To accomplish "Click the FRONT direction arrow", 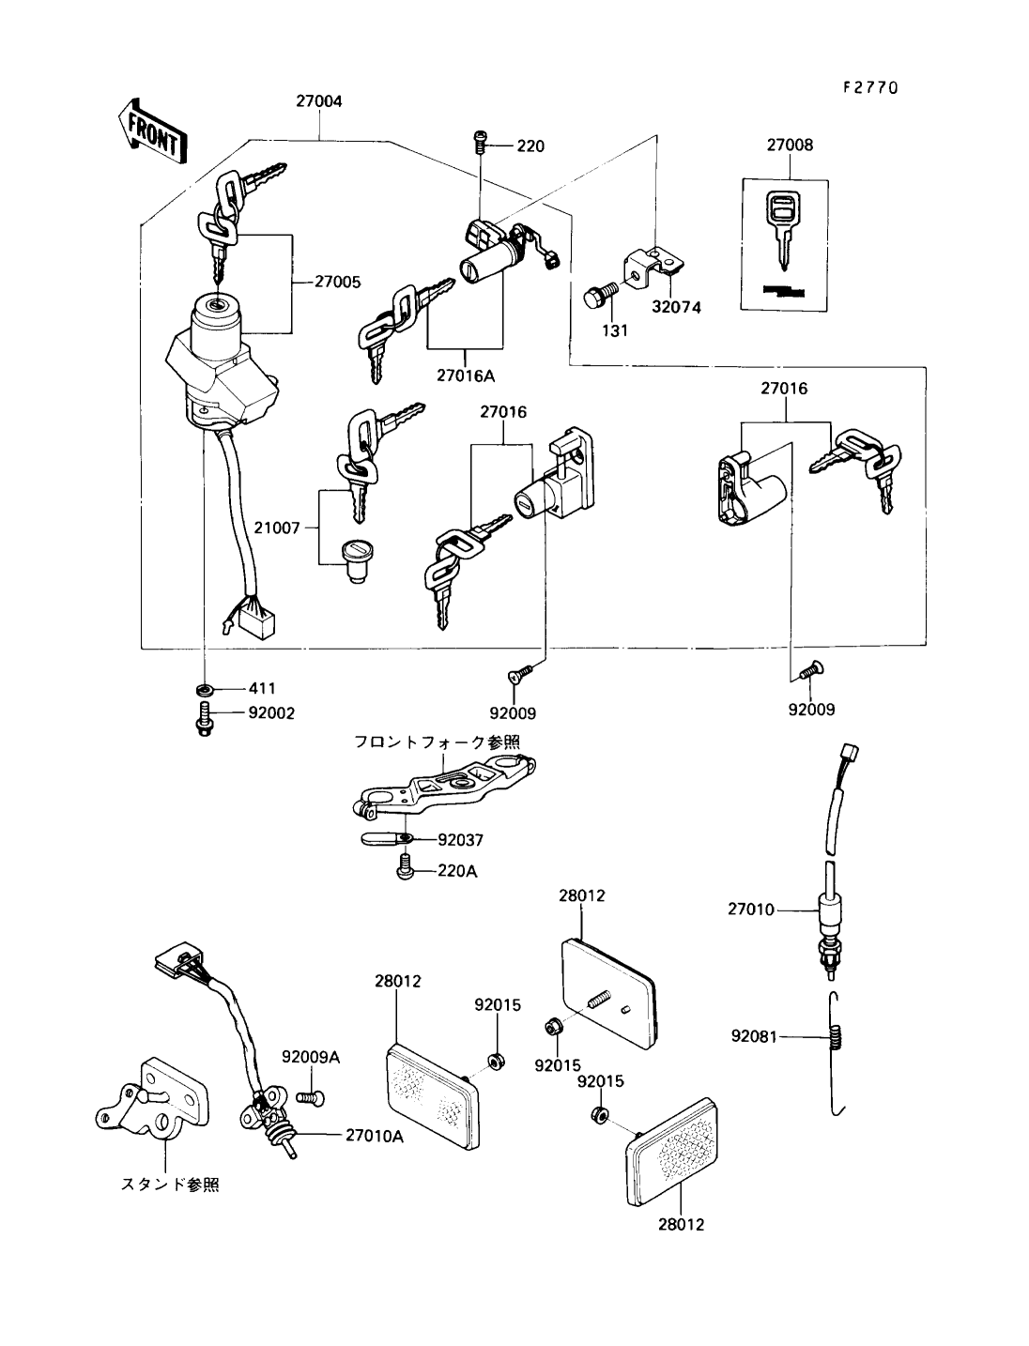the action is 151,131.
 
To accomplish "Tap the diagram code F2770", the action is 869,87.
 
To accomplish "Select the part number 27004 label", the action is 319,101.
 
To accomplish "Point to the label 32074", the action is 676,307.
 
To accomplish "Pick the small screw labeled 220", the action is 480,145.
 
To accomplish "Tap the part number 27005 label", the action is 338,282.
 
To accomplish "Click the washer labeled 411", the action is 205,690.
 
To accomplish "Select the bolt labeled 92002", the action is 205,719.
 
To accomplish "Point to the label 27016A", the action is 466,375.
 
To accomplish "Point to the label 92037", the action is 461,839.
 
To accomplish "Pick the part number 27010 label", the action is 751,909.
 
